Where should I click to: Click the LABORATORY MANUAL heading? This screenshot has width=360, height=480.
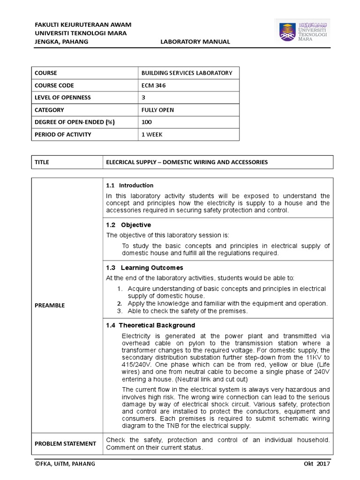(195, 42)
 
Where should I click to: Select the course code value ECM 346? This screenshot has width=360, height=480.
(153, 85)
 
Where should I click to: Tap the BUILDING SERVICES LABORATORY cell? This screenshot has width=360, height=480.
(186, 73)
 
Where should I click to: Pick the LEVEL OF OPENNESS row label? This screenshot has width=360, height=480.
(62, 97)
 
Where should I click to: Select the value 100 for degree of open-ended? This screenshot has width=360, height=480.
(147, 122)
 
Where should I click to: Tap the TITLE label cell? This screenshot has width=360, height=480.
(42, 162)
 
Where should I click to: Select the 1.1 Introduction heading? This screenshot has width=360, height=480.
(130, 185)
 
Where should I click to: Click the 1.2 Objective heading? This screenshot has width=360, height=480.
(128, 225)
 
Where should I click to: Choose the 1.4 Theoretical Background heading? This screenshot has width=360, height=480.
(150, 325)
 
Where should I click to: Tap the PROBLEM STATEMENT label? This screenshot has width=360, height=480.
(65, 443)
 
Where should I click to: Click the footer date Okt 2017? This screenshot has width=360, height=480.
(317, 464)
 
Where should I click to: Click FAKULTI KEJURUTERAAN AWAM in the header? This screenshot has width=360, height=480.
(83, 24)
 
